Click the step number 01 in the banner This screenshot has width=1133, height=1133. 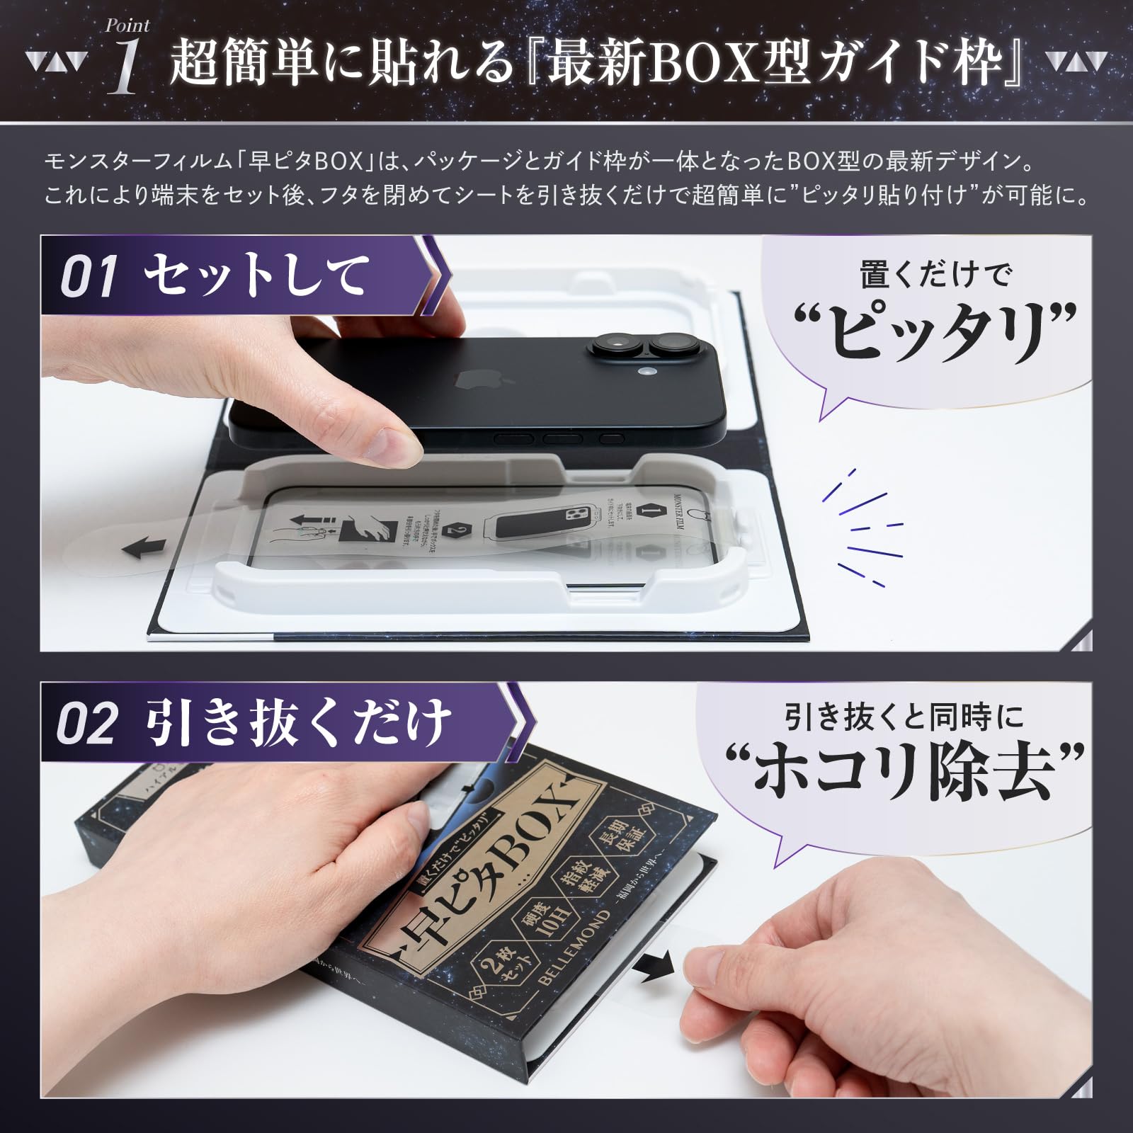click(x=88, y=278)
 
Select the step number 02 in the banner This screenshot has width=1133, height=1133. click(x=86, y=724)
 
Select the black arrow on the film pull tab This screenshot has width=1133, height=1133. click(x=149, y=547)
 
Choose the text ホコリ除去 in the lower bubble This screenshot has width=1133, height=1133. click(x=906, y=774)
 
